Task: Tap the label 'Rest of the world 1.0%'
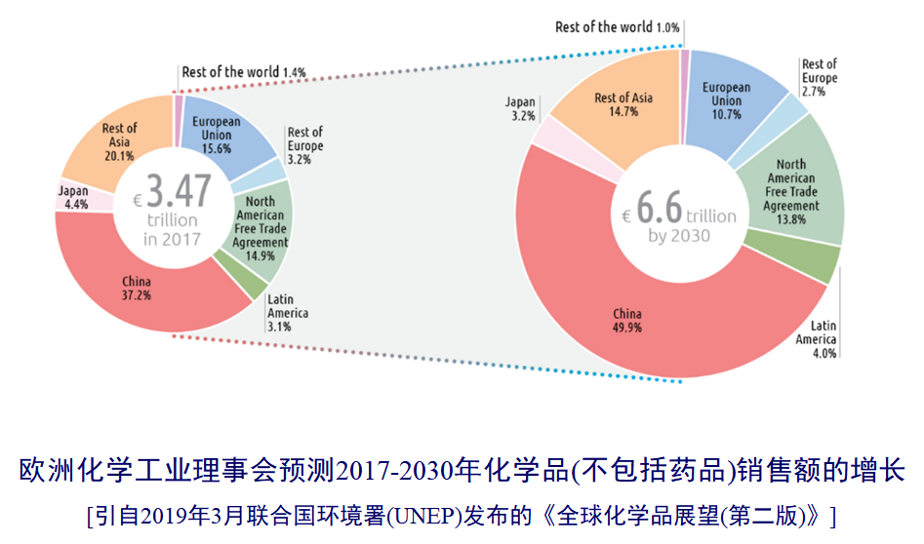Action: point(617,27)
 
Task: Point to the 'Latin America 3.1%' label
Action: point(287,313)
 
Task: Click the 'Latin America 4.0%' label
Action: point(816,339)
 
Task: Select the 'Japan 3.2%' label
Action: point(520,108)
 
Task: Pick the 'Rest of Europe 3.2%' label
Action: point(304,145)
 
